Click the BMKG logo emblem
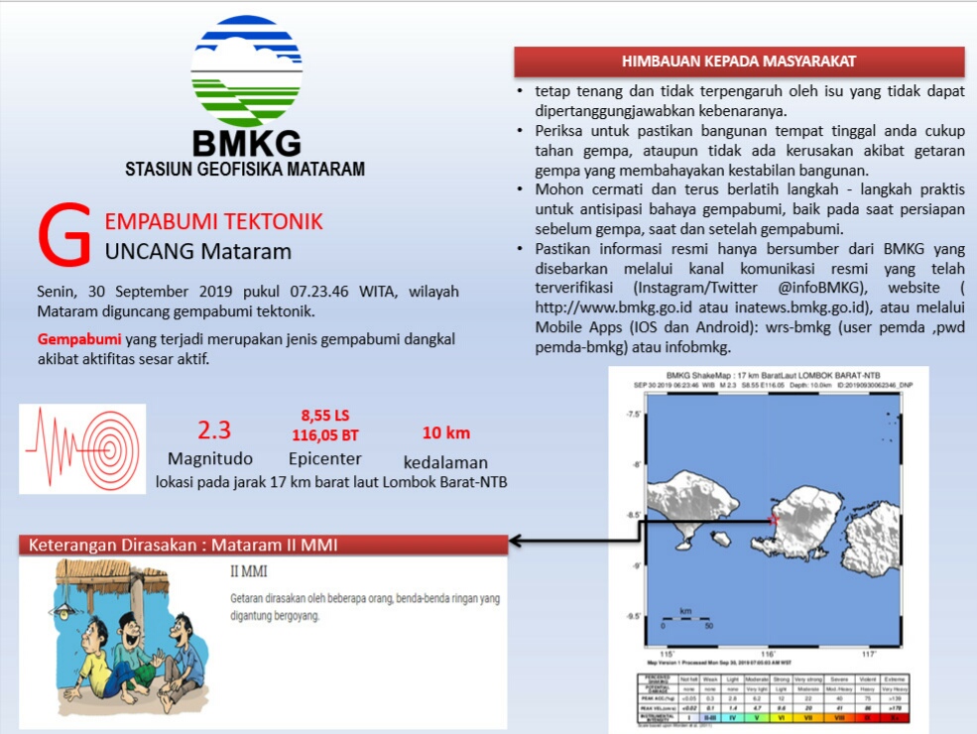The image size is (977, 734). (246, 70)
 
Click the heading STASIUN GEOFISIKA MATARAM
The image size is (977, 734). (245, 169)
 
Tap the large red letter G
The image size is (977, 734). (64, 238)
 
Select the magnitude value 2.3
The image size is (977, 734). (214, 430)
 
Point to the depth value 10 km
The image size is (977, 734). (446, 432)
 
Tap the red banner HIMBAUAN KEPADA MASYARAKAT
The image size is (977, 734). (739, 61)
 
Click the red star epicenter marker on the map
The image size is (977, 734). (774, 519)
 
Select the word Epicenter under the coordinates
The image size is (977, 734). (324, 459)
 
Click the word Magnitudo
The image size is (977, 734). (210, 459)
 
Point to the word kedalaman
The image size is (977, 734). (446, 462)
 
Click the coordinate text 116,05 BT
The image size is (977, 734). (325, 434)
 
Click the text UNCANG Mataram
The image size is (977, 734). (198, 251)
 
